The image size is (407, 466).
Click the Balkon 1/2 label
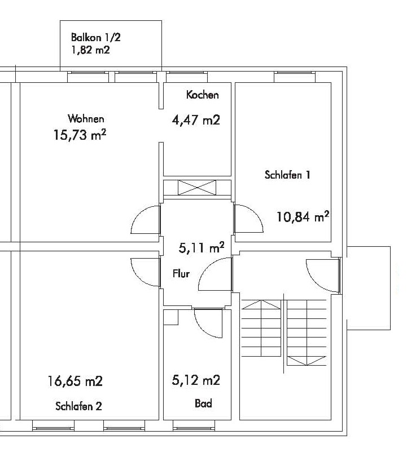click(x=96, y=38)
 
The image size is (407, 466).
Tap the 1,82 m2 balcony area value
click(x=90, y=50)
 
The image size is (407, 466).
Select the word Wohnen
click(x=86, y=119)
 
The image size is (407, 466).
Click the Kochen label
click(x=202, y=95)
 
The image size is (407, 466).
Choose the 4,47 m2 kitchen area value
click(x=195, y=120)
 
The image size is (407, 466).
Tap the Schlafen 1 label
click(x=288, y=175)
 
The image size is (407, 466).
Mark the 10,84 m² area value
click(x=303, y=216)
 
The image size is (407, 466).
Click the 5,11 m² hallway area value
click(x=202, y=247)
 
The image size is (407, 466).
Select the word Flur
click(x=181, y=274)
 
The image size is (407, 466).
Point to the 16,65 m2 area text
click(x=75, y=381)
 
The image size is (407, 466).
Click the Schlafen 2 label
click(x=78, y=406)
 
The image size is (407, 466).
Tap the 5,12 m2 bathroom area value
click(x=195, y=381)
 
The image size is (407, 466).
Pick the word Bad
click(x=204, y=404)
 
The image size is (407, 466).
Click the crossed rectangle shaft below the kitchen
click(x=197, y=188)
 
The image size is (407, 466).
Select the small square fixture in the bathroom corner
click(x=170, y=318)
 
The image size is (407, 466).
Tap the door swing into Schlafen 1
click(x=248, y=219)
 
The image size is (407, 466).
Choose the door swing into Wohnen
click(x=146, y=219)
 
